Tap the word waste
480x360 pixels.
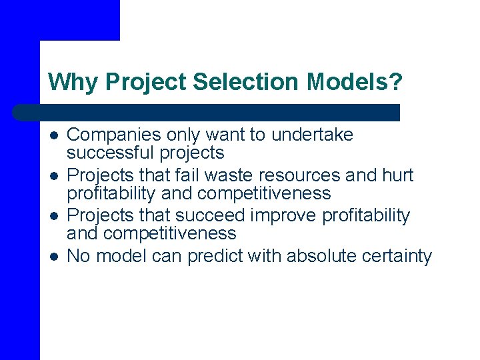[x=226, y=175]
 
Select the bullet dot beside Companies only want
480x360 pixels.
[x=53, y=136]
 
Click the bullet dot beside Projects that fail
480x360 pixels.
[x=53, y=176]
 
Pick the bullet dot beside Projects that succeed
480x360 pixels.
[x=53, y=216]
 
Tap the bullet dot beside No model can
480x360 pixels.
[x=53, y=256]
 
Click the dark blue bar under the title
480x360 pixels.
[x=207, y=112]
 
